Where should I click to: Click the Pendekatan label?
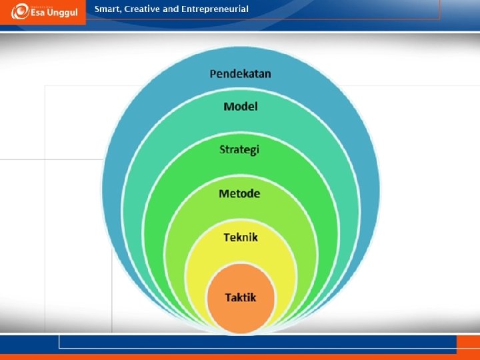pos(240,73)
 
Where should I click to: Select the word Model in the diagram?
pos(240,106)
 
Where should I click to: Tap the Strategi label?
pos(239,149)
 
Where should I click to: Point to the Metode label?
pos(239,193)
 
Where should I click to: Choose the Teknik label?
pos(240,237)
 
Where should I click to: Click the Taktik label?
pos(240,297)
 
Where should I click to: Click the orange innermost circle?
pos(240,313)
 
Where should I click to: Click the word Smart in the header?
pos(107,9)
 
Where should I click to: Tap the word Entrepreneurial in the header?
pos(215,9)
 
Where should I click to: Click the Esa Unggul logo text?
pos(53,11)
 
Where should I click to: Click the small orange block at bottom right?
pos(467,345)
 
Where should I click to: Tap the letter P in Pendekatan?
pos(213,73)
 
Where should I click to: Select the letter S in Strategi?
pos(223,149)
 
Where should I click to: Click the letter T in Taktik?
pos(227,297)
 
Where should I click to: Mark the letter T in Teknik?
pos(226,237)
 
